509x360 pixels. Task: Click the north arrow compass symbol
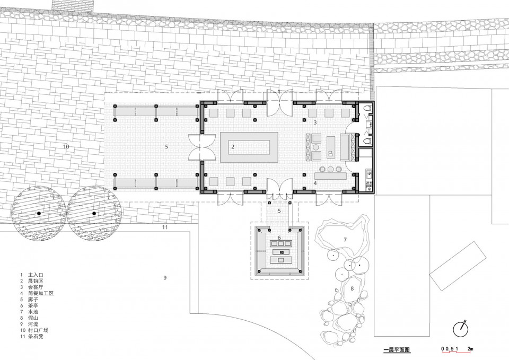pyautogui.click(x=461, y=330)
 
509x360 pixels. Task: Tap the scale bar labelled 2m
pyautogui.click(x=458, y=349)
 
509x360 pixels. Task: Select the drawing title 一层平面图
pyautogui.click(x=397, y=350)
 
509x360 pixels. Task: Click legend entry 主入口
pyautogui.click(x=36, y=275)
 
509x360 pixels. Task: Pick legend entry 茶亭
pyautogui.click(x=33, y=306)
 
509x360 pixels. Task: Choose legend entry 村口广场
pyautogui.click(x=38, y=330)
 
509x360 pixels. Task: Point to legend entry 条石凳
pyautogui.click(x=36, y=336)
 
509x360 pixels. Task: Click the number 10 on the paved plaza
pyautogui.click(x=66, y=147)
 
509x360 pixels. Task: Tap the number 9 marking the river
pyautogui.click(x=165, y=277)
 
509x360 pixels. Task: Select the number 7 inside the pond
pyautogui.click(x=345, y=240)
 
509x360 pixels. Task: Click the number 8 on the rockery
pyautogui.click(x=352, y=288)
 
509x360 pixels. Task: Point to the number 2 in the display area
pyautogui.click(x=233, y=147)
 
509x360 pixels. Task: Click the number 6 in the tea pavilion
pyautogui.click(x=279, y=238)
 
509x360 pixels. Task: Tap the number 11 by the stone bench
pyautogui.click(x=165, y=227)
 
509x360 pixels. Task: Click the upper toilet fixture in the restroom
pyautogui.click(x=367, y=109)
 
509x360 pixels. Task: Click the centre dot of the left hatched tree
pyautogui.click(x=39, y=213)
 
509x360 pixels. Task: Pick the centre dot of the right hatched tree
pyautogui.click(x=94, y=213)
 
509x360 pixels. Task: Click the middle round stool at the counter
pyautogui.click(x=331, y=169)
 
